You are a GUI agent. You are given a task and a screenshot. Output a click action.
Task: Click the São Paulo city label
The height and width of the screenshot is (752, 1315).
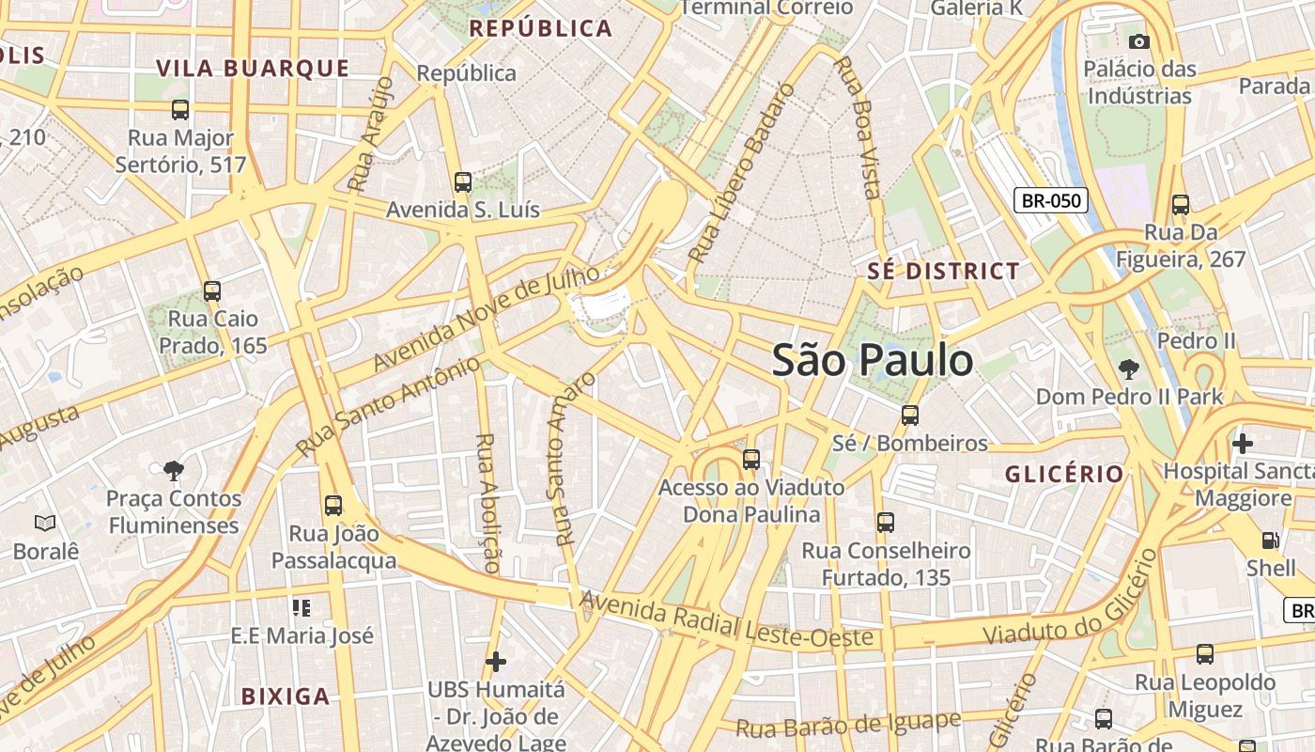coord(872,361)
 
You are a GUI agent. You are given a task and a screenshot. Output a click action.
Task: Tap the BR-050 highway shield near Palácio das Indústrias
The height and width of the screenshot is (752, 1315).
coord(1051,200)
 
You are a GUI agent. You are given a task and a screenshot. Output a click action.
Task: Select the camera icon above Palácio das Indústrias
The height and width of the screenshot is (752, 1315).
coord(1139,41)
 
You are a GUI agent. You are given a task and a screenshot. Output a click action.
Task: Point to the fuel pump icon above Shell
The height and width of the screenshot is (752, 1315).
coord(1270,540)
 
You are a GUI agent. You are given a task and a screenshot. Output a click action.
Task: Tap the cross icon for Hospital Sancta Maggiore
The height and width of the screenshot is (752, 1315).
coord(1243,443)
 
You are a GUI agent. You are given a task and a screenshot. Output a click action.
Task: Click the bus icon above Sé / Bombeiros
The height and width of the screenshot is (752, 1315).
coord(909,415)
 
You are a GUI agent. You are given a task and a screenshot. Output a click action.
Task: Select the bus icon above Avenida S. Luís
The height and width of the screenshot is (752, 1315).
coord(462,181)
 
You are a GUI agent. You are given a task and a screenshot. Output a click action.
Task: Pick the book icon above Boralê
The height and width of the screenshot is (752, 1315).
coord(45,523)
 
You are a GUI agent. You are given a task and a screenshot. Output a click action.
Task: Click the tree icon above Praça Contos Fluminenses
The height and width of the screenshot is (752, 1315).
coord(173,470)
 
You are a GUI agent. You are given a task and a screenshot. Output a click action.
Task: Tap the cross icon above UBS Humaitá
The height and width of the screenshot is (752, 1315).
coord(496,662)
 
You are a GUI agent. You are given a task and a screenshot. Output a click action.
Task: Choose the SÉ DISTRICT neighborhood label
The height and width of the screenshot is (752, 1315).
coord(943,272)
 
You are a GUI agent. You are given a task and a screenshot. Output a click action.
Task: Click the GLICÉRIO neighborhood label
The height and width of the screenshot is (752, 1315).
coord(1064,474)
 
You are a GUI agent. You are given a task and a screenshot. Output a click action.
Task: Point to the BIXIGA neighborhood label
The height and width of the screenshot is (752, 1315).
coord(286,697)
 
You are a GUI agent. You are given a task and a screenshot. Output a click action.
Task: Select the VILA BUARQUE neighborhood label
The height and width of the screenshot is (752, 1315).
coord(253,69)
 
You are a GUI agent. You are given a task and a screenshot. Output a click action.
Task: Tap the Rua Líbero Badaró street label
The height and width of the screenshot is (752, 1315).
coord(741,175)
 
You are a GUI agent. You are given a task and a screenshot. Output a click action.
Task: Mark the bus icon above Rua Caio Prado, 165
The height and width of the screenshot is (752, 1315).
coord(212,291)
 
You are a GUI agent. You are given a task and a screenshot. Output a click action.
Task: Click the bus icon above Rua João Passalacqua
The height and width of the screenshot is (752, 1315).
coord(333,506)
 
